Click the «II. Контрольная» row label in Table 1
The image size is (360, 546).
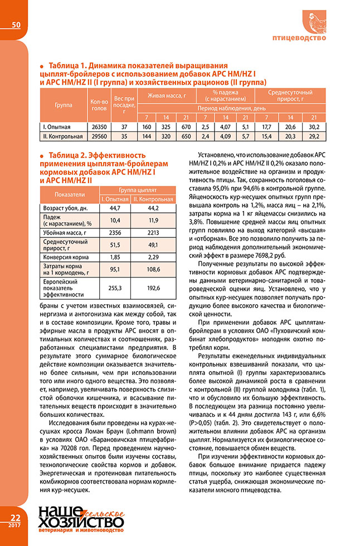[x=63, y=135]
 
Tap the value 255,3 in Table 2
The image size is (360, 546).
[x=114, y=289]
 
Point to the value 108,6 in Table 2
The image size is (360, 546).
[x=153, y=270]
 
